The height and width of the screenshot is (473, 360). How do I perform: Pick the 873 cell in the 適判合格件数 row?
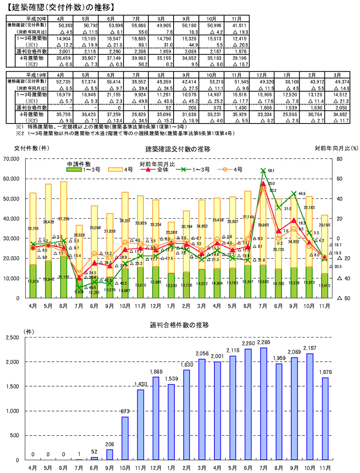[217, 108]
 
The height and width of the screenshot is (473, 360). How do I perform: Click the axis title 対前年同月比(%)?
[337, 148]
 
